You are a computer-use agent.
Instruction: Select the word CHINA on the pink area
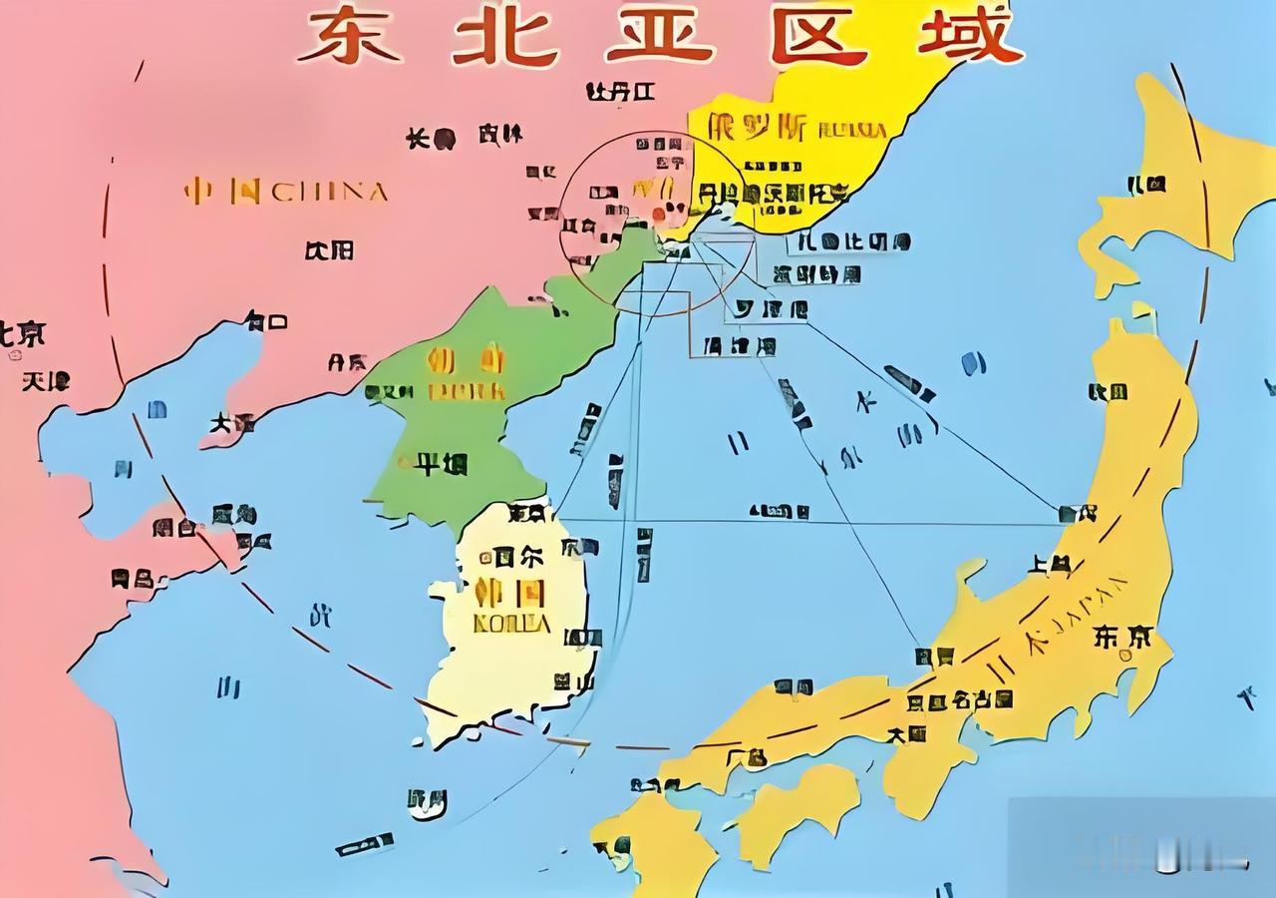click(x=330, y=191)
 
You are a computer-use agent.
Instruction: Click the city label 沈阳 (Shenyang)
click(x=329, y=249)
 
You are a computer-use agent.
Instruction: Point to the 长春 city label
click(x=431, y=138)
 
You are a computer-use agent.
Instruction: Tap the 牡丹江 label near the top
click(x=619, y=92)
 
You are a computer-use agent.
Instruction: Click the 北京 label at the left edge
click(x=22, y=333)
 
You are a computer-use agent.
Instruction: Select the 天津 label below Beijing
click(x=46, y=380)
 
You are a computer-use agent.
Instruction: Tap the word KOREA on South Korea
click(x=511, y=624)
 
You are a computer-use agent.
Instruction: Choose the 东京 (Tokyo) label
click(x=1122, y=637)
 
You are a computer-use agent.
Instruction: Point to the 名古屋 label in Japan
click(x=981, y=700)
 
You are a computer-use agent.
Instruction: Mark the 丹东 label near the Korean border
click(x=348, y=362)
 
